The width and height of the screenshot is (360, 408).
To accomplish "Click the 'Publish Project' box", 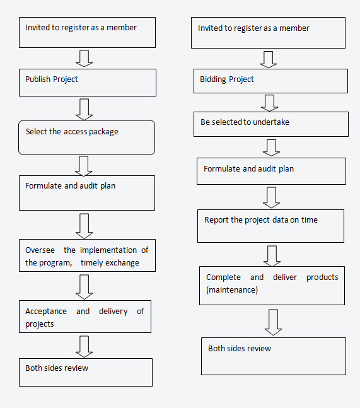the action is click(x=88, y=83).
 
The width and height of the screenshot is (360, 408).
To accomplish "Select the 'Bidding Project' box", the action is click(x=270, y=81).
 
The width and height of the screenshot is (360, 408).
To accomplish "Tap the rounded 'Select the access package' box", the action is click(x=86, y=137).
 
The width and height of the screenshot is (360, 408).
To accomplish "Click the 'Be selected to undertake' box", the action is click(x=270, y=124).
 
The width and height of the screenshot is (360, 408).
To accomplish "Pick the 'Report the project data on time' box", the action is click(x=270, y=226).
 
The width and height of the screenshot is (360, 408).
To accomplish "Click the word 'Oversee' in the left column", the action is click(x=40, y=250).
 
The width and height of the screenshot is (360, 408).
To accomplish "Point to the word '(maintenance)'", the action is click(x=232, y=290).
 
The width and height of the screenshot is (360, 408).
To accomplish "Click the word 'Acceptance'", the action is click(x=46, y=312).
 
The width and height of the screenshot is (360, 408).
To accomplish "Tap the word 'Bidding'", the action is click(x=212, y=79).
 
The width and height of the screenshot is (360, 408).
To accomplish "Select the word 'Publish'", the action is click(x=38, y=79).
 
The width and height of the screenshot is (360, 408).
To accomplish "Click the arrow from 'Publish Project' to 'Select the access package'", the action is click(x=84, y=109).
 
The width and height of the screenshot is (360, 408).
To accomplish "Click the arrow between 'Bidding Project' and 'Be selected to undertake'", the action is click(x=269, y=103).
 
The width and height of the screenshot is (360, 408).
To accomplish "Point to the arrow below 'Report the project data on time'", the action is click(x=272, y=256).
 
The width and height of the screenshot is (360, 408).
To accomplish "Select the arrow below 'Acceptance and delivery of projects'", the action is click(x=84, y=347).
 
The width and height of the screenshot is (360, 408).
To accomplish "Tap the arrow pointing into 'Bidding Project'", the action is click(x=268, y=59).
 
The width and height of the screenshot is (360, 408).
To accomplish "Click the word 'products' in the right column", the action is click(x=322, y=277).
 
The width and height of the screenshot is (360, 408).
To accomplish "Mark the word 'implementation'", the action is click(x=108, y=250).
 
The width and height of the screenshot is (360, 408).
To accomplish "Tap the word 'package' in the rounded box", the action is click(x=103, y=132).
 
